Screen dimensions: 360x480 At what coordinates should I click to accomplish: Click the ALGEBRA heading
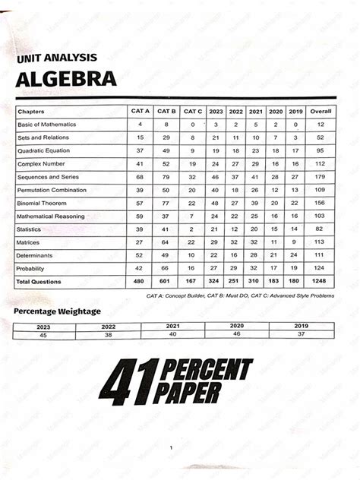[x=65, y=79]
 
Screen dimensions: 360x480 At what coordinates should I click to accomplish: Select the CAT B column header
[x=166, y=111]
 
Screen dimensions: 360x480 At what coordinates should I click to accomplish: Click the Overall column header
[x=321, y=111]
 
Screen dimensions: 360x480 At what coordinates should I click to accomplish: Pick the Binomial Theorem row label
[x=43, y=203]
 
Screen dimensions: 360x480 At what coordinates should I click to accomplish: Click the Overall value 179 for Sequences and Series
[x=321, y=177]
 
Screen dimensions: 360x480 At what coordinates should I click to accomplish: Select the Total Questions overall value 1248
[x=321, y=282]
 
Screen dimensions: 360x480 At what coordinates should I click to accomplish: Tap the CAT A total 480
[x=140, y=282]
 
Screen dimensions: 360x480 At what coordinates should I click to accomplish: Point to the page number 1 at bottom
[x=172, y=447]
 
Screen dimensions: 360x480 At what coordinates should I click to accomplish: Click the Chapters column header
[x=32, y=111]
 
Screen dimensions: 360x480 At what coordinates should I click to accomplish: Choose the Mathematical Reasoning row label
[x=50, y=216]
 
